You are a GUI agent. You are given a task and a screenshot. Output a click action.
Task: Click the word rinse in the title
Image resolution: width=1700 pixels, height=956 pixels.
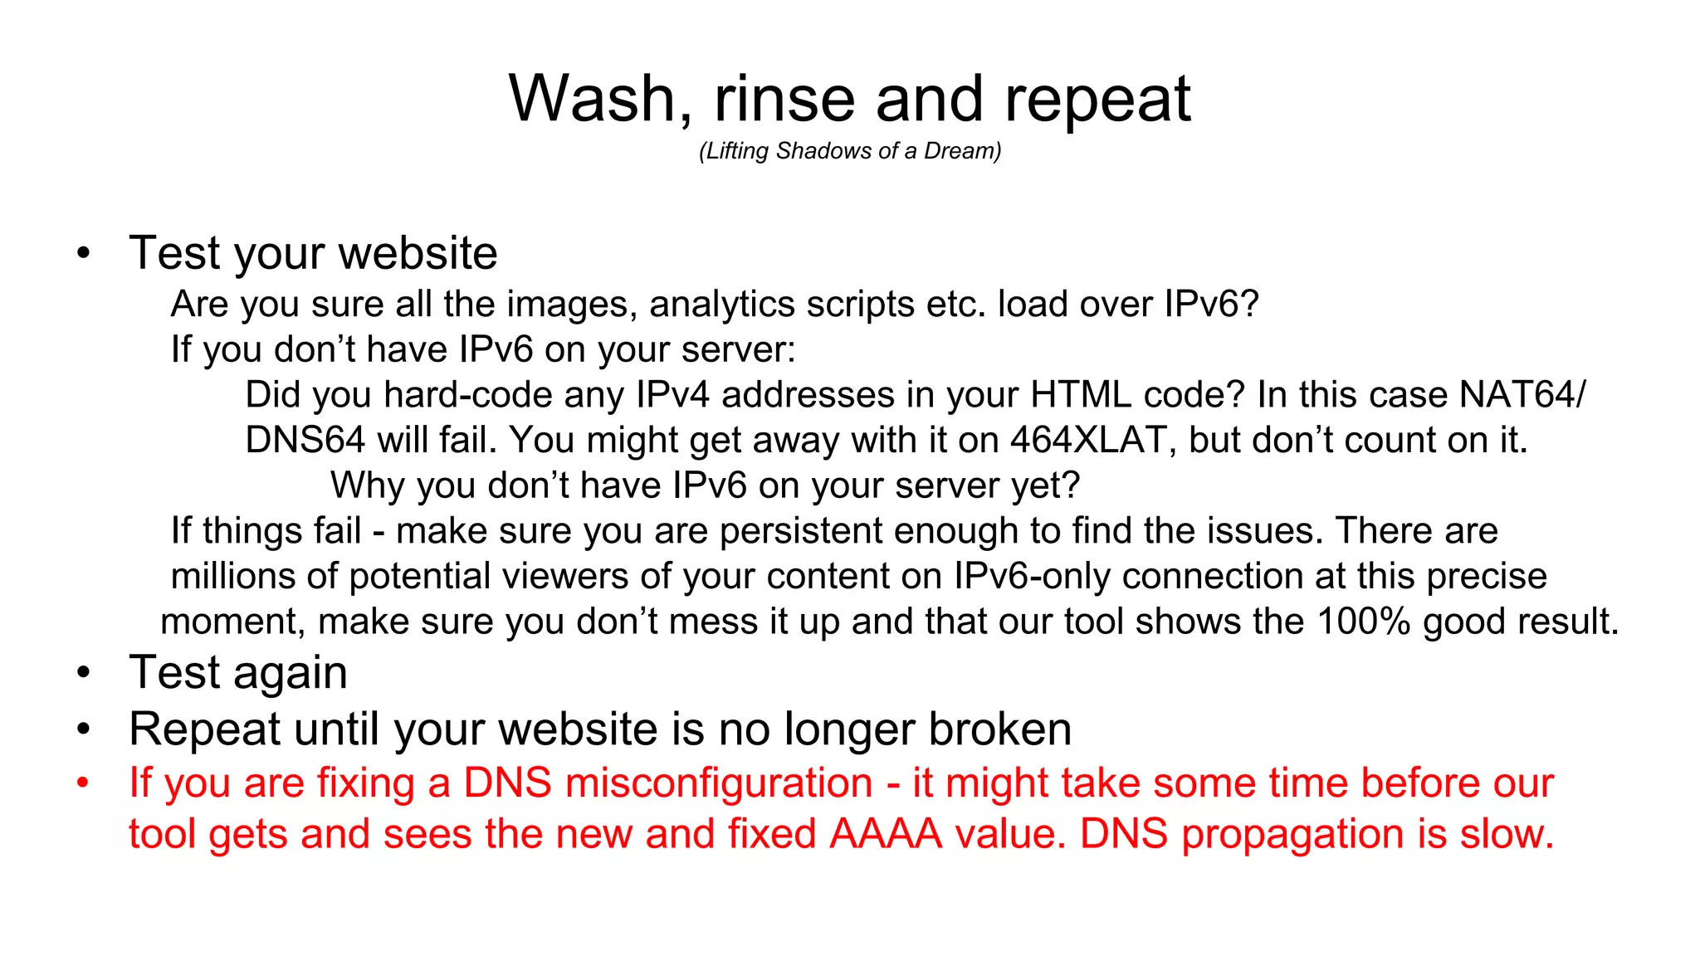[784, 100]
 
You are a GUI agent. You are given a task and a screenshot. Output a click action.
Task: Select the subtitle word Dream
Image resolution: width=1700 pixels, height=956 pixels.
[961, 151]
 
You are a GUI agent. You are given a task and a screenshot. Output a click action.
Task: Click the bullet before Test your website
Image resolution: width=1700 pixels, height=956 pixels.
[83, 254]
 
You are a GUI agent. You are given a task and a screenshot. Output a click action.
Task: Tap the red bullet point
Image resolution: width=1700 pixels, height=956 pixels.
[83, 783]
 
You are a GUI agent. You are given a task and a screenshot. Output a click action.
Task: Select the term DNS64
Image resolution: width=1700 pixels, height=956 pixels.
[305, 441]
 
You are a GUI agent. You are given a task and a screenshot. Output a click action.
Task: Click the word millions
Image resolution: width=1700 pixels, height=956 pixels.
[232, 577]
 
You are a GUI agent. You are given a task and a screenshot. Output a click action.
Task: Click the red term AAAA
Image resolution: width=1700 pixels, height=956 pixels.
[886, 834]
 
